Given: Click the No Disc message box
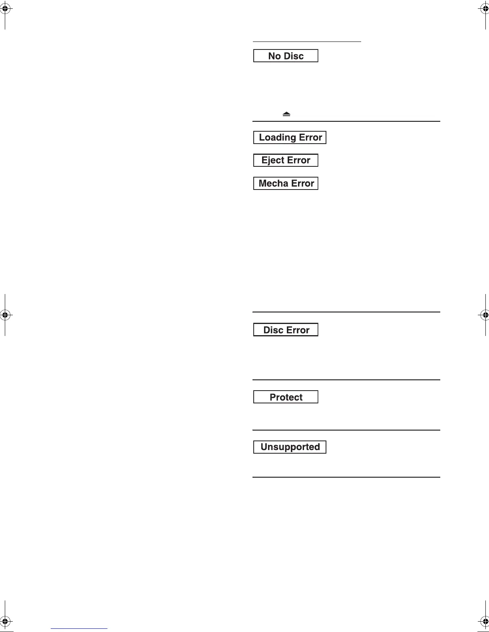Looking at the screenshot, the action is click(286, 56).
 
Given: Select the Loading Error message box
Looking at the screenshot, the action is click(290, 137).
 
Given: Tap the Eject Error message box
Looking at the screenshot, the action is click(286, 160).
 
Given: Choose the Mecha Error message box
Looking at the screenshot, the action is click(286, 184).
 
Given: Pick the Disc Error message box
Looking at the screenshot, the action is click(286, 330).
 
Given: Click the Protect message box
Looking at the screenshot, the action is click(286, 397).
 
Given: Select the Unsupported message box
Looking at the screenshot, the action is click(290, 447).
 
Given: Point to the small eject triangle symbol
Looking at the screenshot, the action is click(286, 114).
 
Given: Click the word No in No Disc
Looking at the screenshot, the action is click(274, 56).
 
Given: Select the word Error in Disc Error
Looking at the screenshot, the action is click(298, 330).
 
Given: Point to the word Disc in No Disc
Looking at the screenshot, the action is click(294, 56).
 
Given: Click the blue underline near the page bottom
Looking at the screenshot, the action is click(79, 628).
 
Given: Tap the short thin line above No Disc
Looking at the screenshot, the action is click(307, 41).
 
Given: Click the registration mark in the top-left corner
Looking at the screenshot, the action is click(5, 10).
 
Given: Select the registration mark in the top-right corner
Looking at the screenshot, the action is click(484, 10).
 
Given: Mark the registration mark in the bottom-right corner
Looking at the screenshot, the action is click(484, 622).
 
